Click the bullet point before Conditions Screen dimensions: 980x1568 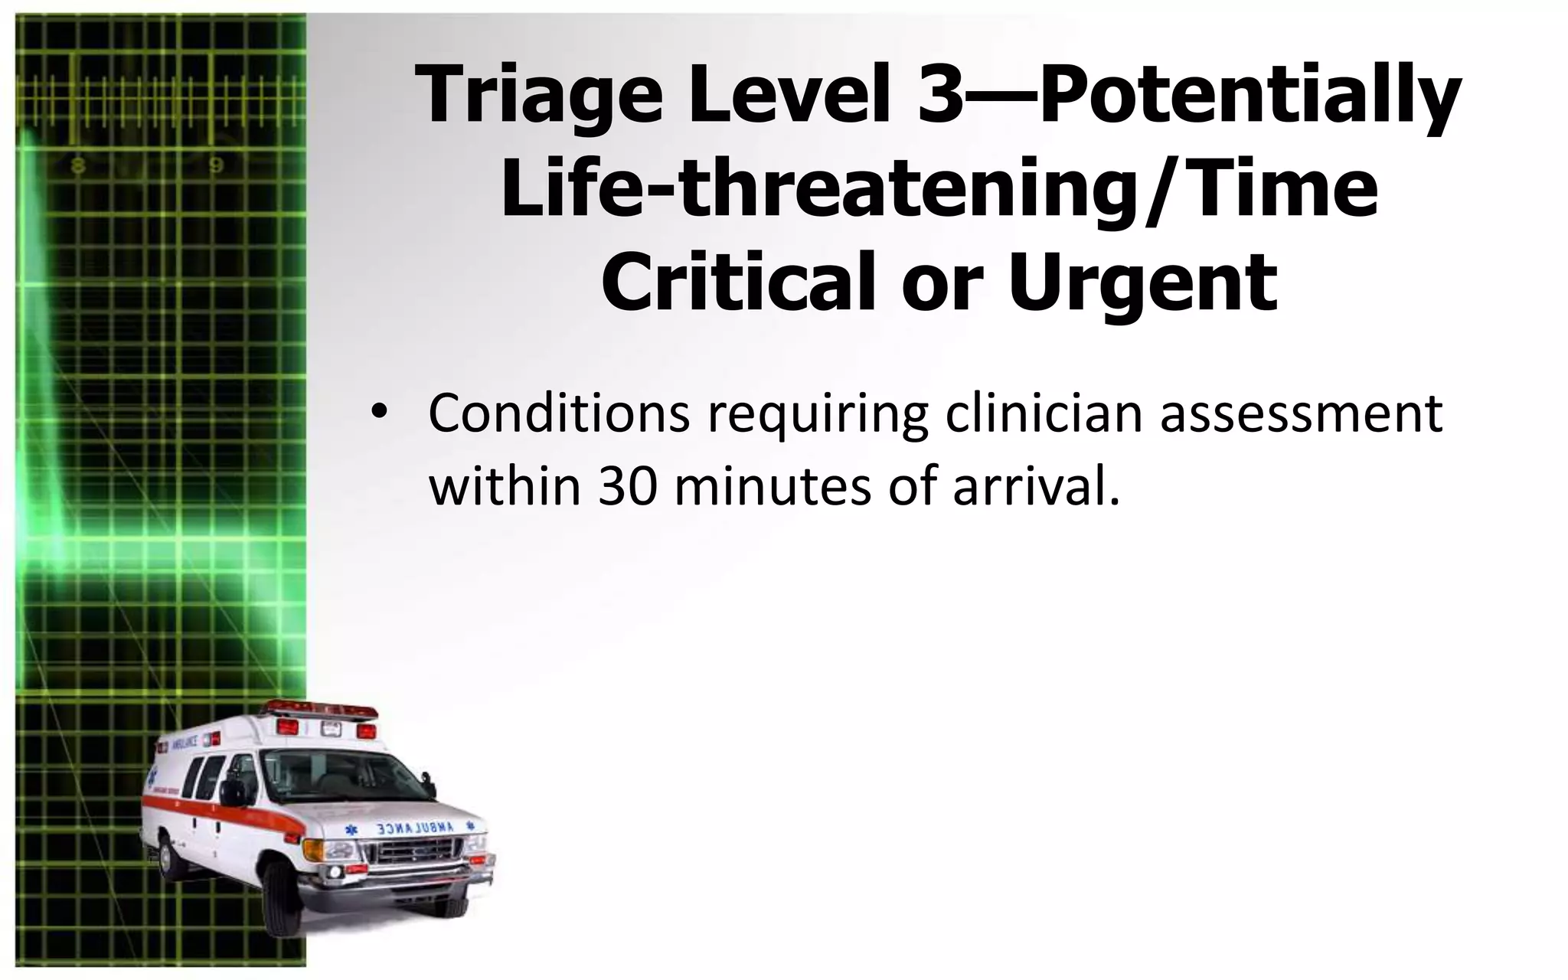(376, 414)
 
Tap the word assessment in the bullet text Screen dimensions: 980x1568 (1301, 414)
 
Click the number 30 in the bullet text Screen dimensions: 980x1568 (628, 487)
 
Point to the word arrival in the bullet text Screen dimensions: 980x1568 (1030, 487)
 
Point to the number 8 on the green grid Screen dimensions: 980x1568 (78, 166)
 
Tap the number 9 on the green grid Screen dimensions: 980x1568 (217, 166)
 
